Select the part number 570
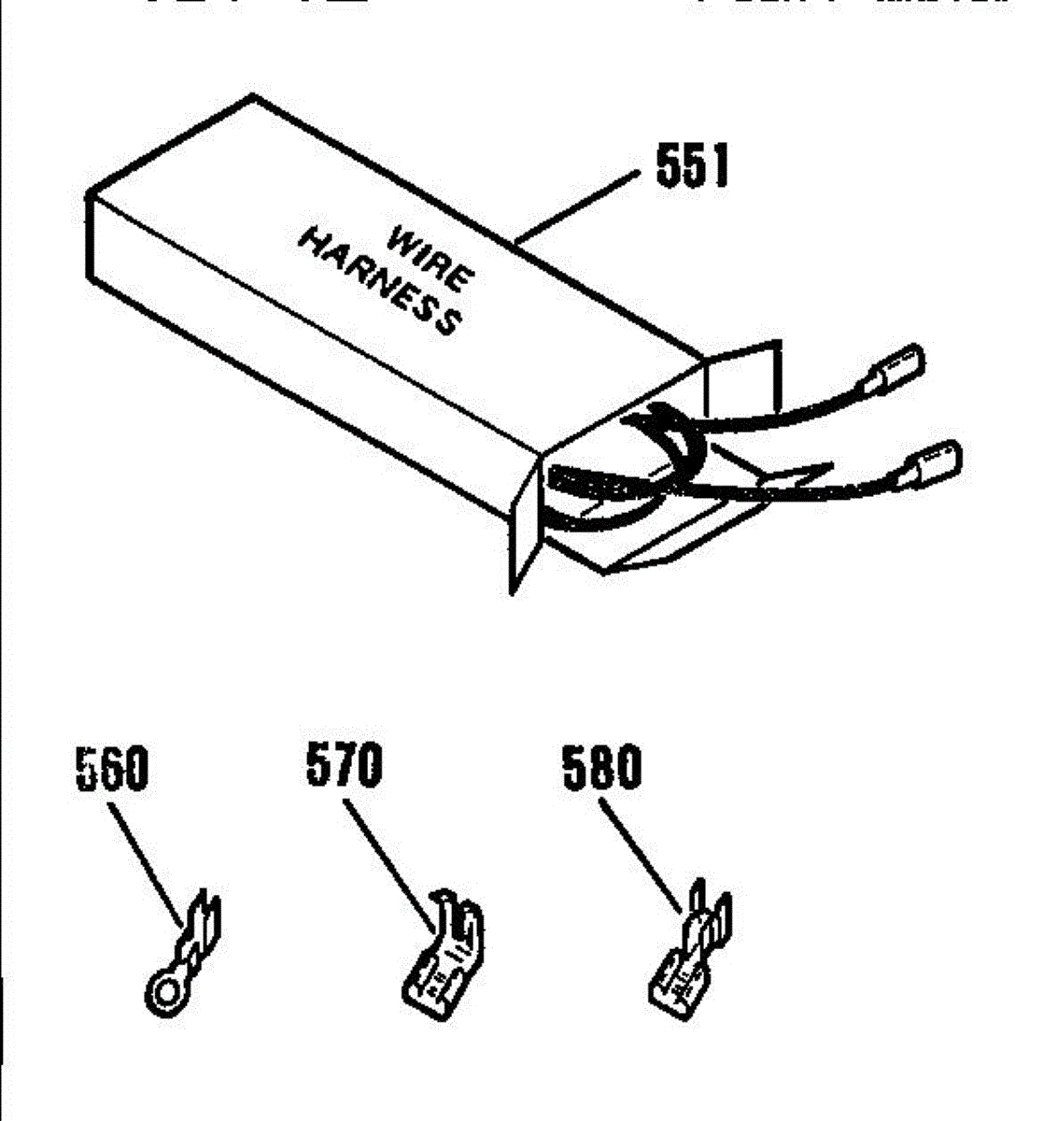(345, 766)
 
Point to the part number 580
(602, 768)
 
